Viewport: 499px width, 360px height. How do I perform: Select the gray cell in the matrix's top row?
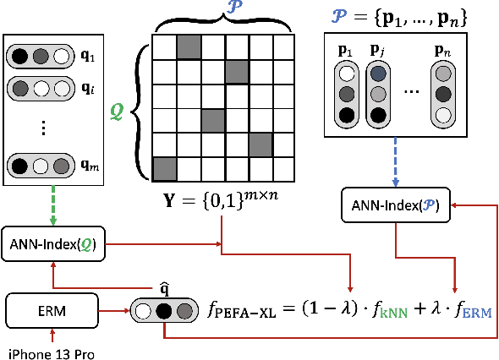188,46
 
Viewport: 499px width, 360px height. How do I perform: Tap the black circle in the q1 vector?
20,58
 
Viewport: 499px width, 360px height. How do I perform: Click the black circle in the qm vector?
20,165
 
